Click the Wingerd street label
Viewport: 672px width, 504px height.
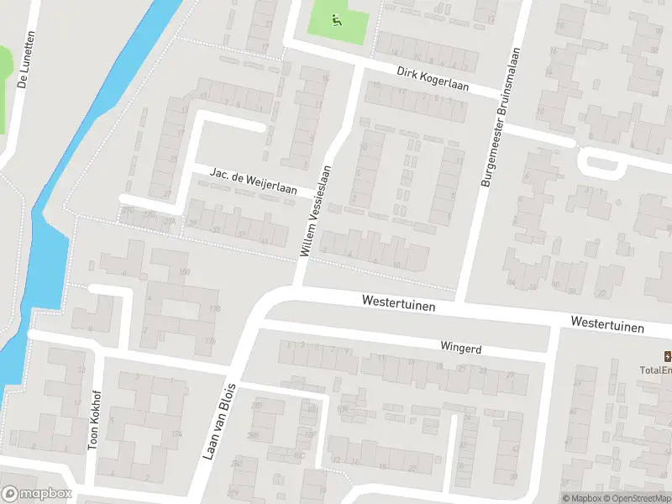tap(460, 347)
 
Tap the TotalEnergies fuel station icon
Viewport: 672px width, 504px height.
tap(668, 355)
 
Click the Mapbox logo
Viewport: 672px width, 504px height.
tap(36, 494)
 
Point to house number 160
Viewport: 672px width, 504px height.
tap(185, 271)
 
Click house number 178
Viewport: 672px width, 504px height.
tap(214, 310)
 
